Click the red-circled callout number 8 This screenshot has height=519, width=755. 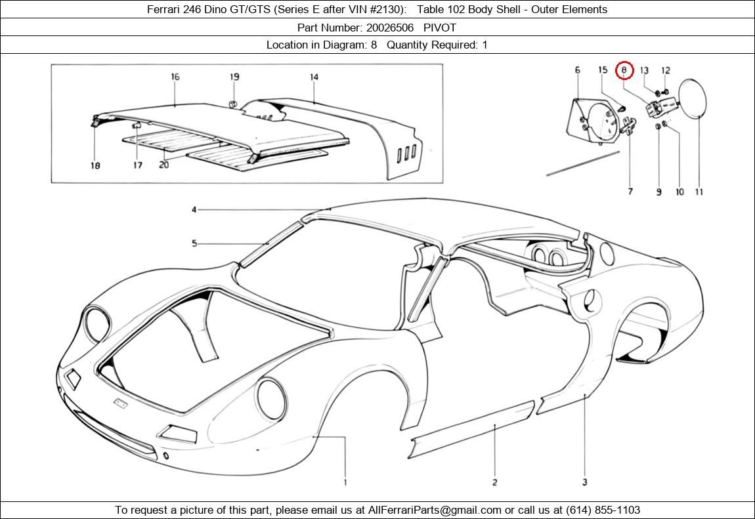point(624,70)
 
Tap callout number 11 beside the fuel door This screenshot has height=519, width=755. point(699,192)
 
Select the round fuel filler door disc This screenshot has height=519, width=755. point(693,98)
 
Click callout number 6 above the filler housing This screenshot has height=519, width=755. point(577,70)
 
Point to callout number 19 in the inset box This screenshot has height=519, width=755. point(234,77)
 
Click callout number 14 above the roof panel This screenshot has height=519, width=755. point(314,77)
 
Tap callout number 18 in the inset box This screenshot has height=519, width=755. point(95,165)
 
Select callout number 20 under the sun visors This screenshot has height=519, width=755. point(163,165)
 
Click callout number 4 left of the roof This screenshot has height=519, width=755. point(194,210)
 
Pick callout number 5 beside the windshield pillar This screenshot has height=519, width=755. point(194,243)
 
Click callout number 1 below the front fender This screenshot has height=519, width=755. point(345,482)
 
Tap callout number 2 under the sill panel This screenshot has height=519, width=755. point(495,482)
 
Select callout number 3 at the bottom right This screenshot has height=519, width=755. point(584,482)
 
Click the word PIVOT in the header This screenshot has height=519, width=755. point(440,28)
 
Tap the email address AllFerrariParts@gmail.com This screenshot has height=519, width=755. point(435,510)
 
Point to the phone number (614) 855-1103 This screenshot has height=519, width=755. point(603,510)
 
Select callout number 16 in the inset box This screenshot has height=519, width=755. point(175,77)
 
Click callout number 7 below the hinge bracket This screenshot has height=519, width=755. point(630,192)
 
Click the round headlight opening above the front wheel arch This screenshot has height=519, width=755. point(272,399)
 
